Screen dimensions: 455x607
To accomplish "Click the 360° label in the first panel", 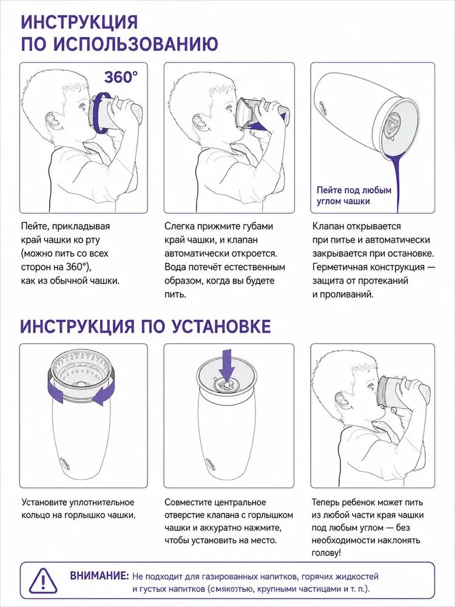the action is coord(120,78).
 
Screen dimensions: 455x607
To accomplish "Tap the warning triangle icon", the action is coord(43,581).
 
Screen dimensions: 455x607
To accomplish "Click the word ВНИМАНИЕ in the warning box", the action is coord(99,575).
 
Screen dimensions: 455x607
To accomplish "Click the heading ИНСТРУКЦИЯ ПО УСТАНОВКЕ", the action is coord(146,326).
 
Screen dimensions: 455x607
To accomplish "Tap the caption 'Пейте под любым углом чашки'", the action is coord(354,195).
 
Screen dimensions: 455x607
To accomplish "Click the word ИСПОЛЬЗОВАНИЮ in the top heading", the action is coord(135,44).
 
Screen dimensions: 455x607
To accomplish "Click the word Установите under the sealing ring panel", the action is coord(44,503).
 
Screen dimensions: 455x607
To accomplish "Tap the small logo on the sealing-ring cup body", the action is coord(65,462).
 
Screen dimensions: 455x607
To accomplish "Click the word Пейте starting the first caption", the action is coord(34,226).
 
